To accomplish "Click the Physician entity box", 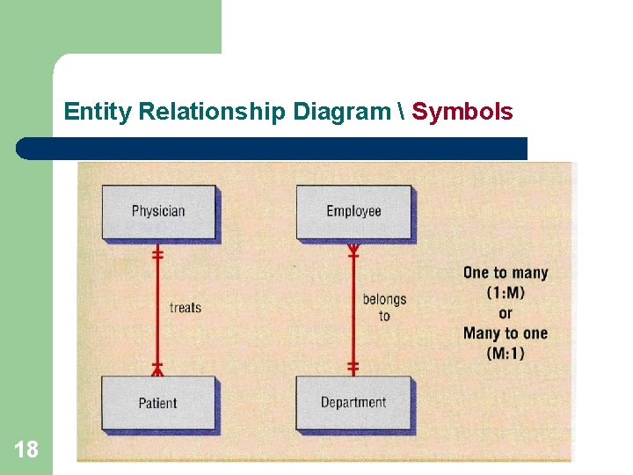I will click(x=158, y=211).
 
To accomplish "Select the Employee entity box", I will click(x=353, y=211).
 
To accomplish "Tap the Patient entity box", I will click(x=158, y=403).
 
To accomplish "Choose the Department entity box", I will click(x=353, y=403).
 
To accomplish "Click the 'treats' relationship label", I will click(x=186, y=308).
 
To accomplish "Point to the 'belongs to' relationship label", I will click(x=384, y=307).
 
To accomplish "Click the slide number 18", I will click(x=26, y=450).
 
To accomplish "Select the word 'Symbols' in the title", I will click(x=462, y=112).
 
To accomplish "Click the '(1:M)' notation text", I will click(x=506, y=293).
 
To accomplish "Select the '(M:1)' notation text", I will click(x=506, y=354).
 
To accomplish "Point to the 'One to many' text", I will click(x=506, y=273).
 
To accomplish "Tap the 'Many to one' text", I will click(x=506, y=333).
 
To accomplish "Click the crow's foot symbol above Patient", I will click(x=158, y=367).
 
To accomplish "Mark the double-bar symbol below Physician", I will click(x=158, y=254).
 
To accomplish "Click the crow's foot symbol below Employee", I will click(x=353, y=251).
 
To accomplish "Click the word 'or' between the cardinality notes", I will click(x=506, y=313).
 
